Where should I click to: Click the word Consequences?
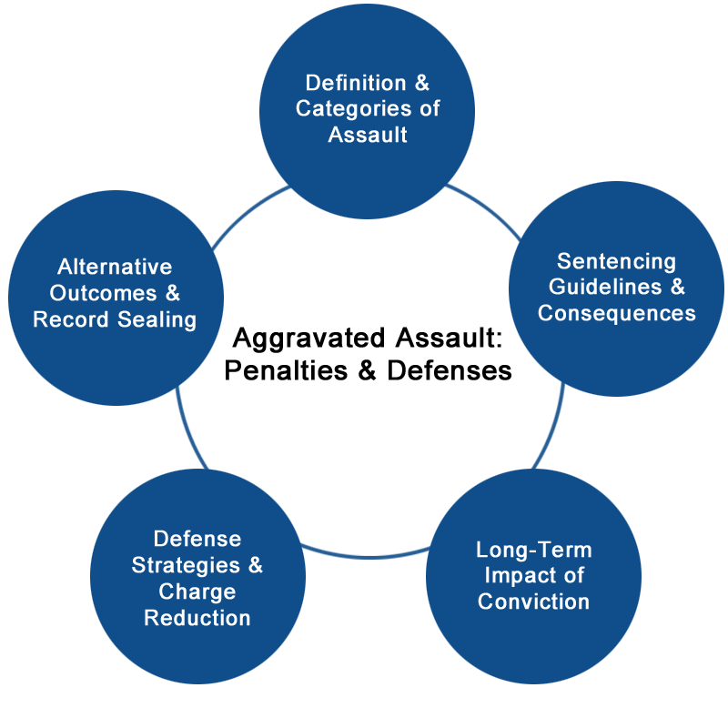(616, 313)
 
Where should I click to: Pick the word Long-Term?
(533, 550)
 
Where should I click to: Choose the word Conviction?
(533, 601)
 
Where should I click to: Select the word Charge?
(197, 591)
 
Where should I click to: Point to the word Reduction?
(197, 618)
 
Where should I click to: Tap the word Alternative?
(115, 268)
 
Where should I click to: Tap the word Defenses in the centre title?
(458, 371)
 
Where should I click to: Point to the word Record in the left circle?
(71, 319)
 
